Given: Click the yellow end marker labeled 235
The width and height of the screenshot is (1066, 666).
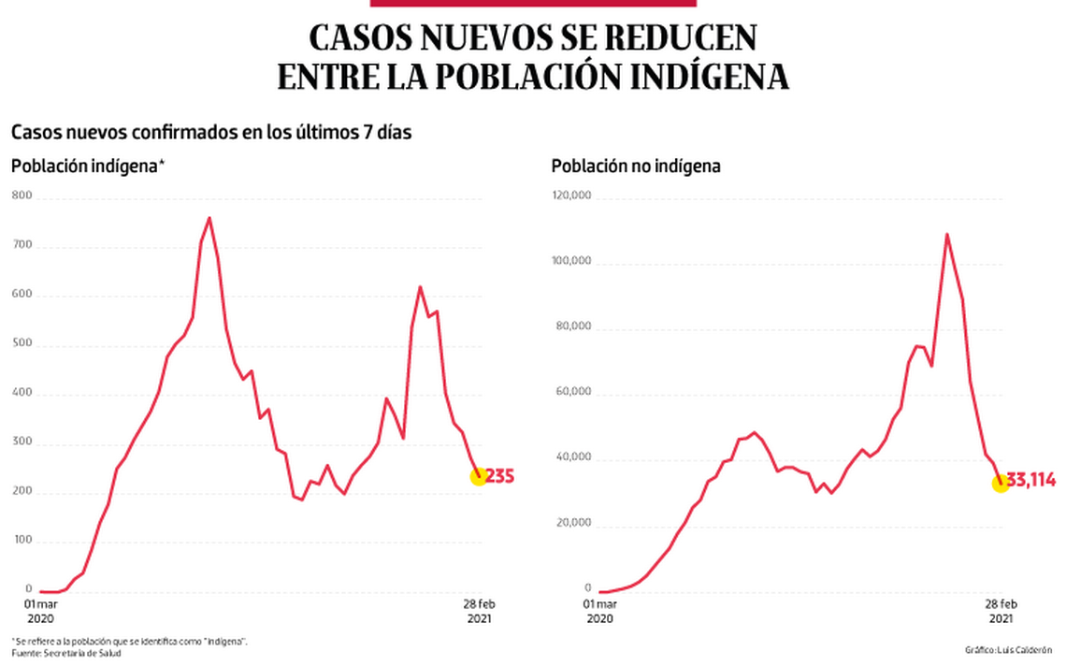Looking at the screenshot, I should pyautogui.click(x=479, y=476).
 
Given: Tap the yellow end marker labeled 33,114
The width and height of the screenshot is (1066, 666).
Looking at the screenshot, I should pyautogui.click(x=1000, y=483).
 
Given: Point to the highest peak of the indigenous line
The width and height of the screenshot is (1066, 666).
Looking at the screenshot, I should pyautogui.click(x=209, y=218).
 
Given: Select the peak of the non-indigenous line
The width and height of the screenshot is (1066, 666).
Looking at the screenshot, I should pyautogui.click(x=947, y=234).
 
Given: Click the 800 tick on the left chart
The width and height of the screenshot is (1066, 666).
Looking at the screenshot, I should pyautogui.click(x=22, y=195).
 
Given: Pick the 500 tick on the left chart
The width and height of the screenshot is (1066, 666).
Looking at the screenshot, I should pyautogui.click(x=22, y=343).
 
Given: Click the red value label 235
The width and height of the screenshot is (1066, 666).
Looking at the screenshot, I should pyautogui.click(x=500, y=477).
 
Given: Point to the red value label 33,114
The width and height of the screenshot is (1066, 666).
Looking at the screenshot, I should pyautogui.click(x=1031, y=481).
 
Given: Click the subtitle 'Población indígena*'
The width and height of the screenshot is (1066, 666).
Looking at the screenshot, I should pyautogui.click(x=88, y=166).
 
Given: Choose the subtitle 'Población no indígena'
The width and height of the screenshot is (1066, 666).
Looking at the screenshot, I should pyautogui.click(x=636, y=166).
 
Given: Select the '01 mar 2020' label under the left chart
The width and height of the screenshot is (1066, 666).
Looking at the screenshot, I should pyautogui.click(x=40, y=611).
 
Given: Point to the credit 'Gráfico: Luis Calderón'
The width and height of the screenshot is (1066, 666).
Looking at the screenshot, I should pyautogui.click(x=1008, y=649).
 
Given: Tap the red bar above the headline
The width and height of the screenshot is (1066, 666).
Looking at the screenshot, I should pyautogui.click(x=533, y=4).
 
